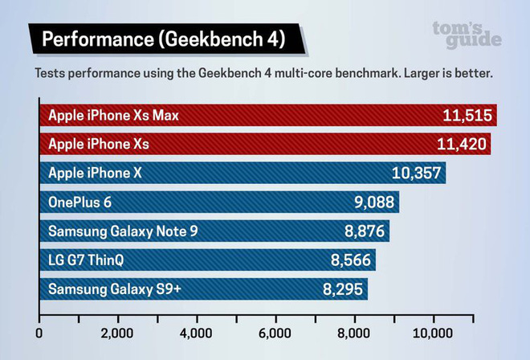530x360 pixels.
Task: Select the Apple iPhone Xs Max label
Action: coord(113,116)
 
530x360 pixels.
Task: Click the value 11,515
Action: coord(467,116)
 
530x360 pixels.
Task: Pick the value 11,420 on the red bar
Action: coord(461,145)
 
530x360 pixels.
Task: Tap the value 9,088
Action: coord(373,202)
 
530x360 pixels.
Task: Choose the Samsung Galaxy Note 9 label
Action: coord(123,231)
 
